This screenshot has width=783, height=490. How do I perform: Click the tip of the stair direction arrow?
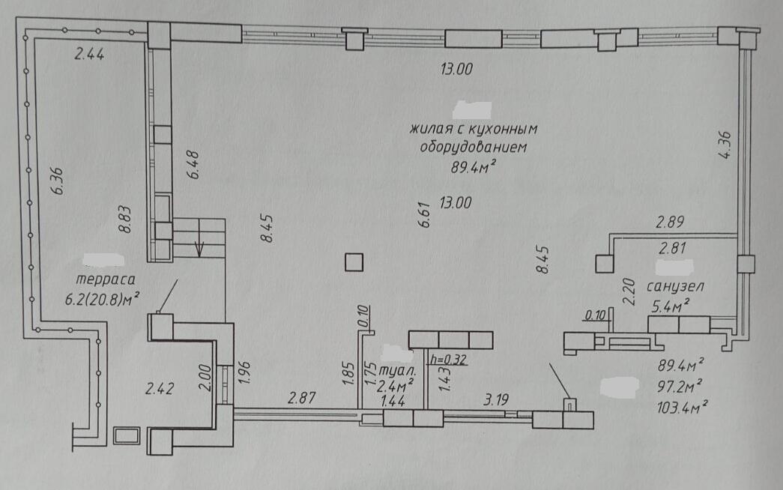coord(200,256)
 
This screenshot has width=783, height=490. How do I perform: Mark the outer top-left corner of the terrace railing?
coord(16,18)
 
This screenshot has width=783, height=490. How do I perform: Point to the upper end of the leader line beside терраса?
coord(178,280)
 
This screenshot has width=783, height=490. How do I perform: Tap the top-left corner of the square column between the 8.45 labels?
coord(346,254)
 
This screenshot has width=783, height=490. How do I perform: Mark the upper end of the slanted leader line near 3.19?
coord(550,363)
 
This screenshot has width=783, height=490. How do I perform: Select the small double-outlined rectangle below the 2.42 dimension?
coord(126,435)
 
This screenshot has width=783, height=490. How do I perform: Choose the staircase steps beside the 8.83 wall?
coord(199,238)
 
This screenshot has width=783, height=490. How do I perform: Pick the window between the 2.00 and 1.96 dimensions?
coord(226,384)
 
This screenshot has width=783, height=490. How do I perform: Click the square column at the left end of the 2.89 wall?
coord(605,264)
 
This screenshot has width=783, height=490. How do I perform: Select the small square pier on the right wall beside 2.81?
coord(746,264)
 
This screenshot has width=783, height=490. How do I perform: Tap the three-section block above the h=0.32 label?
coord(450,340)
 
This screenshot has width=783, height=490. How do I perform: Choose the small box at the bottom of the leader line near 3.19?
coord(569,405)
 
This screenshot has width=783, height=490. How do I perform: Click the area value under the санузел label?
coord(670,306)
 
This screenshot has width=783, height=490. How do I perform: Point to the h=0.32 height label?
coord(448,360)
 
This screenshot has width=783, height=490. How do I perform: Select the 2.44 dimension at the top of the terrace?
coord(89,54)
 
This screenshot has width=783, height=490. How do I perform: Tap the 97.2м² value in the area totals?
coord(680,387)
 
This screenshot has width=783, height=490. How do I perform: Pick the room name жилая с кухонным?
coord(474,130)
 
